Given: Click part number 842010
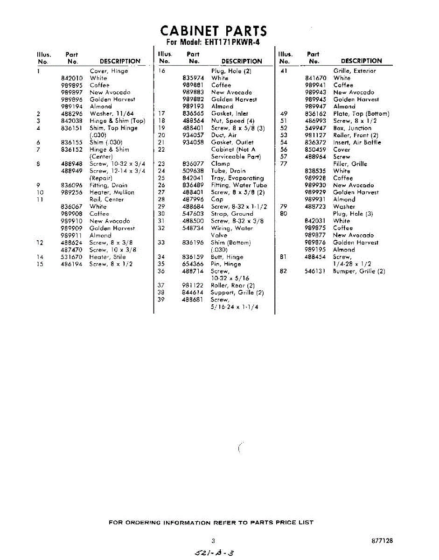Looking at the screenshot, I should pos(72,78).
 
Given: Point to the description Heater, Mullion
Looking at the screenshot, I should pos(111,192).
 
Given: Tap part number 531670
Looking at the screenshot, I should pos(72,257).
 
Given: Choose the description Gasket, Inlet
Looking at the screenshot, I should pos(230,113).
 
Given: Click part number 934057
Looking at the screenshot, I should pos(193,135).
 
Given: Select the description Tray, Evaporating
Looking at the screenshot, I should pos(237,178).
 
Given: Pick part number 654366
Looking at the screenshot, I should pos(193,264).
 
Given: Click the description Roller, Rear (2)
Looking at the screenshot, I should pos(233,285).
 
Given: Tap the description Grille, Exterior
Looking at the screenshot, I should pos(354,71).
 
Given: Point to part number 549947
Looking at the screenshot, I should pos(315,128).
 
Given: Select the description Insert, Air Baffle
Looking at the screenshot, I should pos(357,142).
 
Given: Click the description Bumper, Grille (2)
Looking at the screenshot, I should pos(359,271).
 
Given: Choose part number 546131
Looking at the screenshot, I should pos(315,271).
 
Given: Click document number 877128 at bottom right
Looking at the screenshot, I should pos(382,541).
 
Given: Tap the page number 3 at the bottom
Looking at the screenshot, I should pos(213,541).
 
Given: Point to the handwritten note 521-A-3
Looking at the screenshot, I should pos(213,553).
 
